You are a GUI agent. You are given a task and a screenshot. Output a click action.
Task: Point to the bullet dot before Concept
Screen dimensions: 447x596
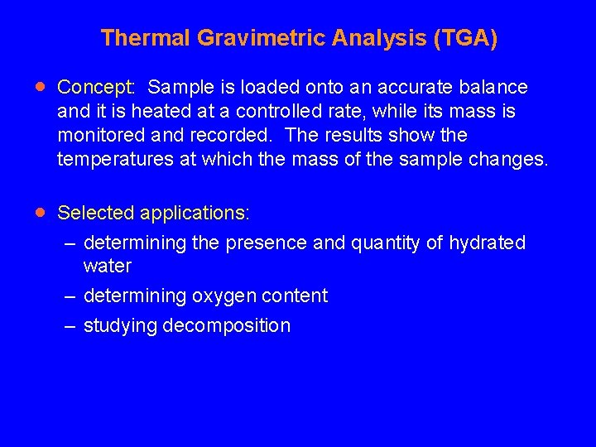(41, 86)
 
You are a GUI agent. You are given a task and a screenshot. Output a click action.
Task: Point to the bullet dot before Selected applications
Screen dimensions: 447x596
(41, 212)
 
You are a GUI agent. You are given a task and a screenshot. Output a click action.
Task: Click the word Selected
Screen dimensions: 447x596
(95, 213)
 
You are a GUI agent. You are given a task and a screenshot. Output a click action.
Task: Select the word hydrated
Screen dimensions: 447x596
(488, 243)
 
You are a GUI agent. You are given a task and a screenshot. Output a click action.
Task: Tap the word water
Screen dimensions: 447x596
(108, 267)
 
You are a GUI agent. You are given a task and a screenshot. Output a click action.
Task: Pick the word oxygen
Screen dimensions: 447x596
(224, 296)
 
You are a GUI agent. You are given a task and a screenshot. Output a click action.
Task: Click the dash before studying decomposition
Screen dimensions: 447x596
(71, 326)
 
